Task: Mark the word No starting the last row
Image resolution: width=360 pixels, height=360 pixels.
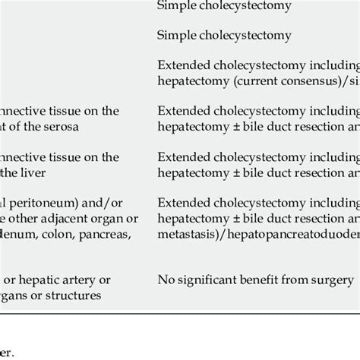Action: (166, 279)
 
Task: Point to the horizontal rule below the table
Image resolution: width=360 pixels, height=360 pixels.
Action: (180, 313)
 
